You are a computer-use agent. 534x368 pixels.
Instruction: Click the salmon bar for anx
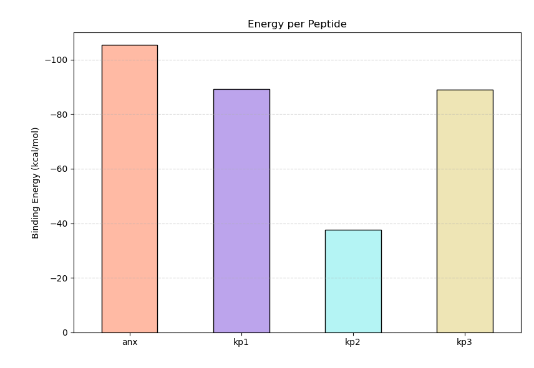click(x=129, y=189)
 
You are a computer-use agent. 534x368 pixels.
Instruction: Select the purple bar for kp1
click(x=241, y=210)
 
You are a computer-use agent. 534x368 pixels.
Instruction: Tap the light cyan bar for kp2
click(x=352, y=281)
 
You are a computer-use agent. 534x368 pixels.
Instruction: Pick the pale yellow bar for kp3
click(x=464, y=211)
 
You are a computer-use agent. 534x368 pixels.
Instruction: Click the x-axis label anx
click(x=129, y=342)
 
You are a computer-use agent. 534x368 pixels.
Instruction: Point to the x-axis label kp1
click(x=241, y=342)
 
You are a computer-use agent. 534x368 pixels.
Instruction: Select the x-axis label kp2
click(x=352, y=342)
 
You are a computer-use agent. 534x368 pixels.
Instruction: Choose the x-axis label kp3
click(x=464, y=342)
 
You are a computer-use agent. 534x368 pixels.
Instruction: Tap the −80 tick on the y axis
click(x=59, y=115)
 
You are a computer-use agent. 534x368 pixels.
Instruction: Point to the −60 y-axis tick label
click(x=59, y=169)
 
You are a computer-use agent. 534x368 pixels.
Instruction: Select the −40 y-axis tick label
click(x=59, y=224)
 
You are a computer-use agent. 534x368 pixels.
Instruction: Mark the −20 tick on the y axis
click(x=59, y=278)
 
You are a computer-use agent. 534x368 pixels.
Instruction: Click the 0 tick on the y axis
click(x=65, y=333)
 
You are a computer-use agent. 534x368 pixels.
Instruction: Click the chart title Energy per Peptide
click(x=297, y=24)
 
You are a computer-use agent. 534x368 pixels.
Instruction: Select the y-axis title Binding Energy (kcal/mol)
click(x=36, y=182)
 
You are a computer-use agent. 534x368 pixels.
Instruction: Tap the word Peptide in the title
click(x=327, y=24)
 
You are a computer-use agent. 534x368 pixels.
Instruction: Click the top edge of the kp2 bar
click(x=352, y=230)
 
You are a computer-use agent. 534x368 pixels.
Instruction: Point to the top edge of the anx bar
click(x=129, y=45)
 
